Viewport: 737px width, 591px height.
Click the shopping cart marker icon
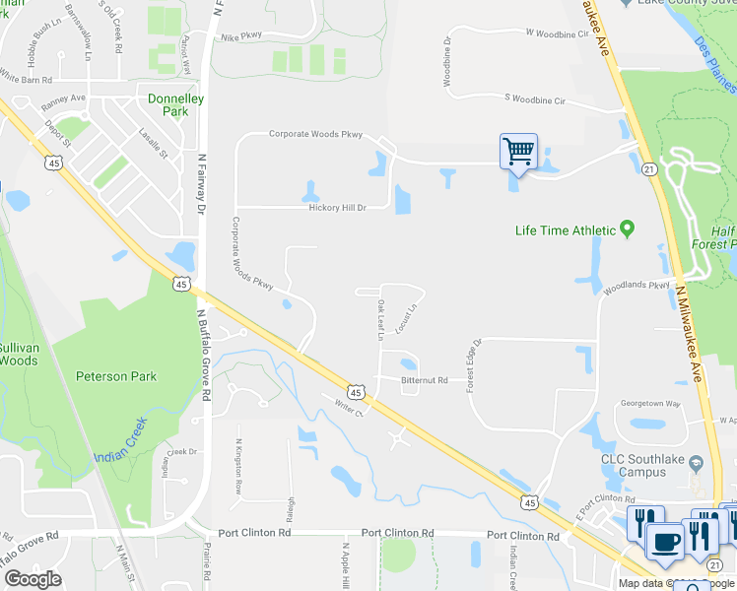(x=518, y=153)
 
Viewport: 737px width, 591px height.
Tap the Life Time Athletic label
(x=566, y=231)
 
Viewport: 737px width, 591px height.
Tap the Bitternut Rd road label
(x=425, y=380)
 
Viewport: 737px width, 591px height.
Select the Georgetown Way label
(x=650, y=403)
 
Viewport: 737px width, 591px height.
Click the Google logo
(x=33, y=579)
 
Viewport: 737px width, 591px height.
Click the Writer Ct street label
(x=350, y=406)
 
